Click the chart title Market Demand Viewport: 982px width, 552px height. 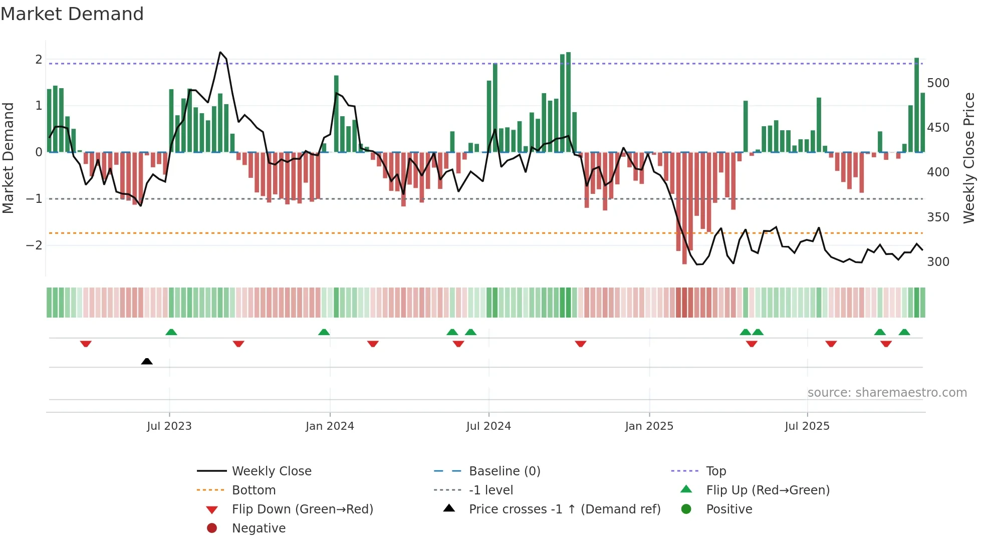click(x=72, y=14)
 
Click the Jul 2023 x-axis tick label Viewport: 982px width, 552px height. click(x=169, y=426)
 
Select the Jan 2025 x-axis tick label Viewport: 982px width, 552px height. click(x=649, y=426)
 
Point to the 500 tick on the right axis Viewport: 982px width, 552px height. click(x=938, y=83)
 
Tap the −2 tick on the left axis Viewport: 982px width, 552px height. click(x=34, y=245)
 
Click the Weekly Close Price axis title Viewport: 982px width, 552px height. click(x=969, y=158)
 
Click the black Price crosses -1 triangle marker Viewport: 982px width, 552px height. click(x=147, y=361)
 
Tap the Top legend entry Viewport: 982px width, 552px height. click(x=715, y=471)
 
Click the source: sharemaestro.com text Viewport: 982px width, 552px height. click(x=887, y=393)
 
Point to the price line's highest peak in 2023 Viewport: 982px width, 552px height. click(x=220, y=52)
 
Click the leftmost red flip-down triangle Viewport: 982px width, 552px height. click(x=86, y=344)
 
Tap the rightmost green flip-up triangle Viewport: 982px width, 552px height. click(x=904, y=332)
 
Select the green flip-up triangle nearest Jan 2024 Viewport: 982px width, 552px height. click(x=324, y=332)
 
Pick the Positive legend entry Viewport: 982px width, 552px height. click(x=728, y=509)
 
